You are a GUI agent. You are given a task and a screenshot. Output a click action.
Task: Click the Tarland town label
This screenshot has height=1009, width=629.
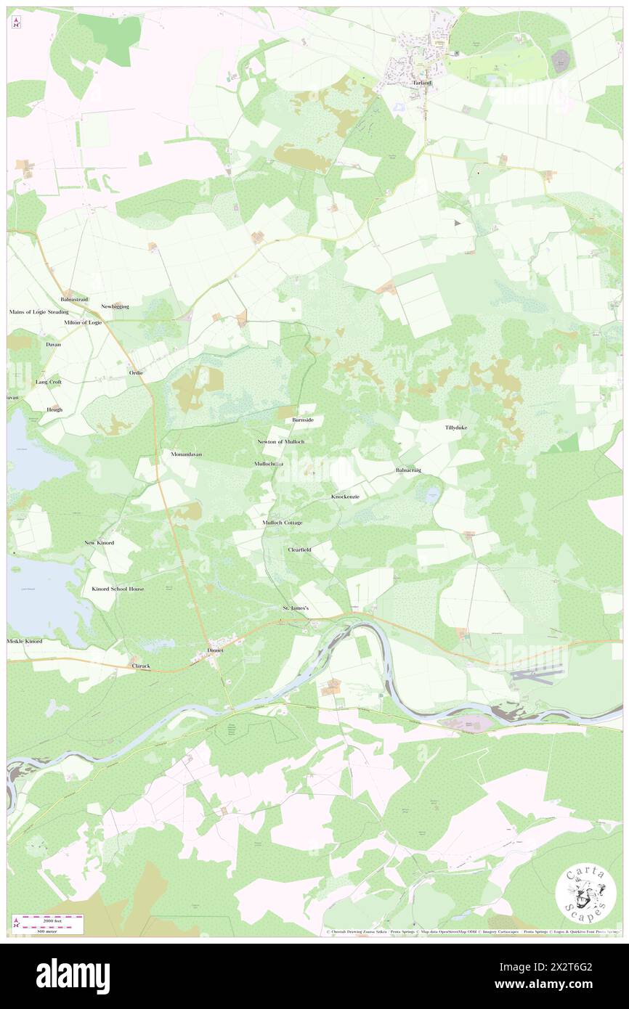click(x=422, y=83)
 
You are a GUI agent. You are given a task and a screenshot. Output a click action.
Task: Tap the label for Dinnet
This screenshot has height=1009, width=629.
click(x=216, y=650)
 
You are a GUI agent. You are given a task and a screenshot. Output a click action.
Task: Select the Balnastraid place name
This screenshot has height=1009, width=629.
click(x=76, y=299)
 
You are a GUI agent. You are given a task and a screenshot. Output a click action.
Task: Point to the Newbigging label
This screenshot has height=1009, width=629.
click(x=115, y=306)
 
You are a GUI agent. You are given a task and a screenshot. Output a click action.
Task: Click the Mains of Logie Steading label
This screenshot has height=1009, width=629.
click(x=38, y=311)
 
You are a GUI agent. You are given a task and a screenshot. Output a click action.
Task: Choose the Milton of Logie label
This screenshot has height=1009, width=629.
click(x=82, y=322)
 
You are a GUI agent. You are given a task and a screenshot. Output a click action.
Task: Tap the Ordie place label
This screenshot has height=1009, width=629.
click(x=136, y=372)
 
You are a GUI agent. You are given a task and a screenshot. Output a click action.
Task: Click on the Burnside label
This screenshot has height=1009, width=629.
click(x=302, y=420)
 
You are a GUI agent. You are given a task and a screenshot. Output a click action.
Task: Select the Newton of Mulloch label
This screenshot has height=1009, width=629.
click(x=280, y=441)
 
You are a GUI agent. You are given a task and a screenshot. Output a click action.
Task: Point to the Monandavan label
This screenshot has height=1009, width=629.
click(x=186, y=454)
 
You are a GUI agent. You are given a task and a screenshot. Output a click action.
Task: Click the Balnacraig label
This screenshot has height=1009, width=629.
click(x=408, y=470)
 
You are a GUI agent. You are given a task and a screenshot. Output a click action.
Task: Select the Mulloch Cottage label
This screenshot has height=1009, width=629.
click(x=283, y=523)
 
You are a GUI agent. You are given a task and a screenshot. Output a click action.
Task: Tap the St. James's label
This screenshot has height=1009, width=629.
click(x=296, y=608)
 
